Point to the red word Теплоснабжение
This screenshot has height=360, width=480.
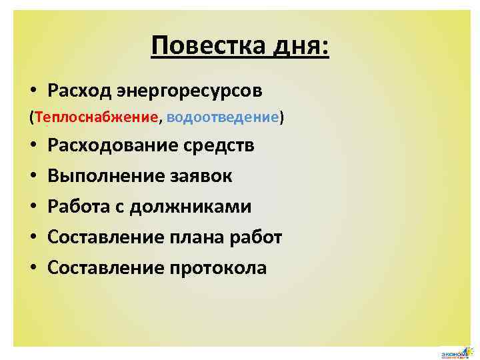click(x=99, y=117)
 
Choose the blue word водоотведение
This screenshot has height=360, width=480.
click(x=223, y=117)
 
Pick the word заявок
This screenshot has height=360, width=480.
click(x=209, y=176)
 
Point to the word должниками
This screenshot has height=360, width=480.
click(x=191, y=207)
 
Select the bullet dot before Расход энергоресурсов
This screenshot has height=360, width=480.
click(x=33, y=90)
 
